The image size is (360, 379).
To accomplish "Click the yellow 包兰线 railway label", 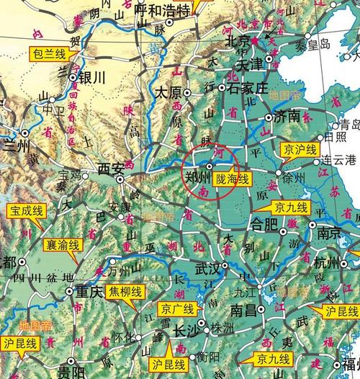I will pyautogui.click(x=47, y=53).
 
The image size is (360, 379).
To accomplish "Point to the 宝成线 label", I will pyautogui.click(x=25, y=211).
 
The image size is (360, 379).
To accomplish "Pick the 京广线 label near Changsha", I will pyautogui.click(x=176, y=310).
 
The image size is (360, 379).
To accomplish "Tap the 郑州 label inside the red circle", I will pyautogui.click(x=194, y=174).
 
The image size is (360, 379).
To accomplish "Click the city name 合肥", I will pyautogui.click(x=264, y=224).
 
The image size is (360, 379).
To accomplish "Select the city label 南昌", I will pyautogui.click(x=245, y=310).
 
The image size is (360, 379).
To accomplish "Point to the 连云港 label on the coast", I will pyautogui.click(x=339, y=158).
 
